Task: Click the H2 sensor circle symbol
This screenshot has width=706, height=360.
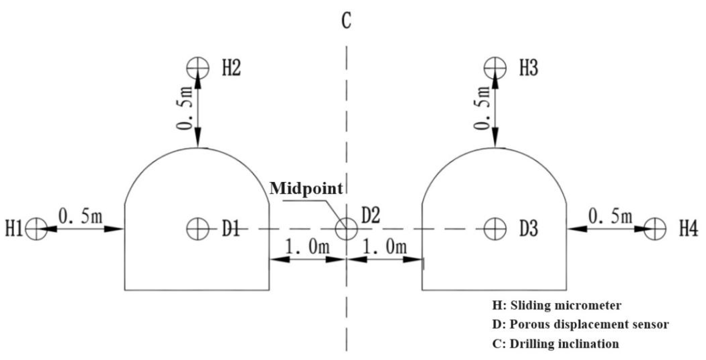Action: [198, 68]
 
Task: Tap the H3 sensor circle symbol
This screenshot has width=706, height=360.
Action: [495, 68]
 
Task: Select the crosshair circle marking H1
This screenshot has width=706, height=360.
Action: [36, 229]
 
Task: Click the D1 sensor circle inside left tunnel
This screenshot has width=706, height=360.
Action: [198, 229]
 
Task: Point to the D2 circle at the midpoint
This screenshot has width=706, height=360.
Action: [347, 229]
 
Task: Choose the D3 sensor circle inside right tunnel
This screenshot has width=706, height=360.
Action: [495, 229]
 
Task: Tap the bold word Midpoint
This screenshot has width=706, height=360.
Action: [306, 189]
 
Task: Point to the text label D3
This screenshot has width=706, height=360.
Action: [529, 229]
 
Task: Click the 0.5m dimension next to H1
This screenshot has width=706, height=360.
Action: [80, 217]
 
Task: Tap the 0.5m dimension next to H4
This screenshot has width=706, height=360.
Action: [610, 217]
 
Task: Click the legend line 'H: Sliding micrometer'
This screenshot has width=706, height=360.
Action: [557, 305]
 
